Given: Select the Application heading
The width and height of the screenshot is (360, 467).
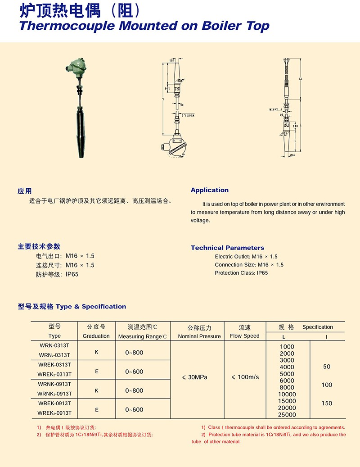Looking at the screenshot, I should (209, 190).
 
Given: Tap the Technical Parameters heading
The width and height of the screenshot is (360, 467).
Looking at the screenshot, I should (227, 248).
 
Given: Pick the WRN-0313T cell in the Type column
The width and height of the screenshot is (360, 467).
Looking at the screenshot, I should (54, 345).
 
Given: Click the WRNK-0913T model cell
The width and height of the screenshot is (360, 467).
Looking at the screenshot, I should (54, 384).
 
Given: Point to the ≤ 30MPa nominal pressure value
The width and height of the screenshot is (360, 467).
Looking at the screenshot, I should (195, 377).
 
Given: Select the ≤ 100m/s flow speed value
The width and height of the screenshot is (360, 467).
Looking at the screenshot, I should (245, 377).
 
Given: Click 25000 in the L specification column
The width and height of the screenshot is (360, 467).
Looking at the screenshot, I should (287, 415).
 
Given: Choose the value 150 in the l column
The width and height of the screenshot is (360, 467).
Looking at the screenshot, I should (327, 403).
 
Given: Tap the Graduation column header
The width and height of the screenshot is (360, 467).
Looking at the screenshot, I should (96, 336).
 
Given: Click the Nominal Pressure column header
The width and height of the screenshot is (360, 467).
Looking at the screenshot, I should (199, 336).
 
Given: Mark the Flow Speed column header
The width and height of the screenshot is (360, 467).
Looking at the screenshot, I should (245, 336).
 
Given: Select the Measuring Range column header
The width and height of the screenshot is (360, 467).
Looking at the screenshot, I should (142, 336).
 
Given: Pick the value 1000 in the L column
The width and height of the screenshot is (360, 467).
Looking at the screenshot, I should (287, 347).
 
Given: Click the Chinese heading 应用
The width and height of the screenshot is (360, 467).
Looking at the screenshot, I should (25, 190).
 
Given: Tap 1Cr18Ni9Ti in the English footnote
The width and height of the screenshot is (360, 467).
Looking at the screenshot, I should (274, 435).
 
